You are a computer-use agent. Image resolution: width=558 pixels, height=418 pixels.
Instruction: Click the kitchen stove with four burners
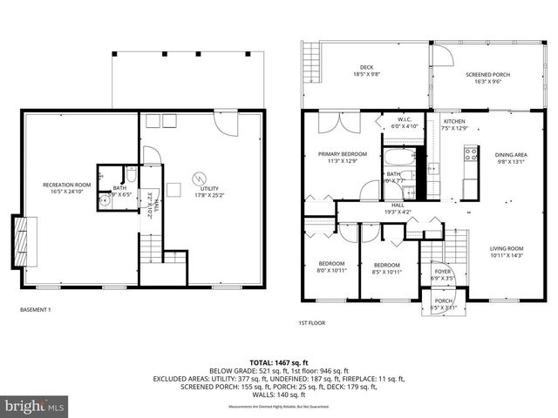(x=471, y=155)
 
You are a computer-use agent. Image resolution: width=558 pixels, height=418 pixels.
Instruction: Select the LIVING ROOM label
(x=507, y=252)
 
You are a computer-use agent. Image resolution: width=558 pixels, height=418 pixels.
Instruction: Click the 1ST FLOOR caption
(x=311, y=323)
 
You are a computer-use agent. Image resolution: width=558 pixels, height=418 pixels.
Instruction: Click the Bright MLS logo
(x=35, y=406)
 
